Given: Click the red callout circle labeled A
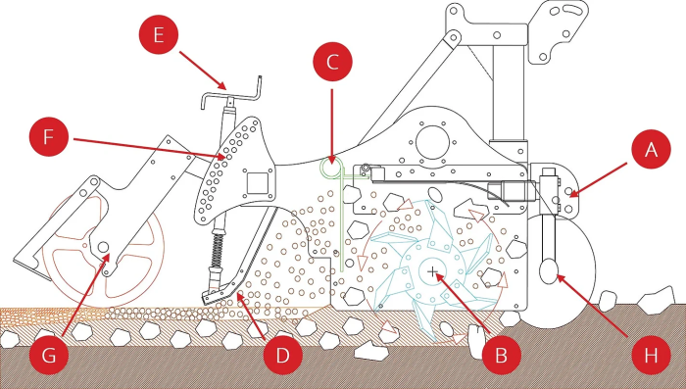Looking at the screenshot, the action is pos(651,150).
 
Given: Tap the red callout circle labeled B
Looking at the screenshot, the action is pos(501,355).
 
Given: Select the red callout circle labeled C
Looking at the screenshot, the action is pos(332,62).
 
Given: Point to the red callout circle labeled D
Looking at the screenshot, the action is pos(283,355).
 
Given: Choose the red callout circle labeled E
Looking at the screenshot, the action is pos(159,34).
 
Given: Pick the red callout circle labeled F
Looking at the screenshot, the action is pos(49,137).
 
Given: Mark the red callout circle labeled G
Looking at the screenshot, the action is pos(49,355).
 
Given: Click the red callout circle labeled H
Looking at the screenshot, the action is pos(651,355).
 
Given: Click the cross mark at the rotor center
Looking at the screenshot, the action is pos(432,272).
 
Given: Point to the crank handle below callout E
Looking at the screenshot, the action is pos(231,95).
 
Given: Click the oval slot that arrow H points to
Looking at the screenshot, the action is pos(549,271).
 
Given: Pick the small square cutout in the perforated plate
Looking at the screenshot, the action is pos(257,183).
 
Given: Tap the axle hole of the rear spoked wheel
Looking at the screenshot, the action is pos(103,247).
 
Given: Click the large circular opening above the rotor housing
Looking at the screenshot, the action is pos(433,143).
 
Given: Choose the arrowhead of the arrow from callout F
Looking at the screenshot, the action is pos(220,155).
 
